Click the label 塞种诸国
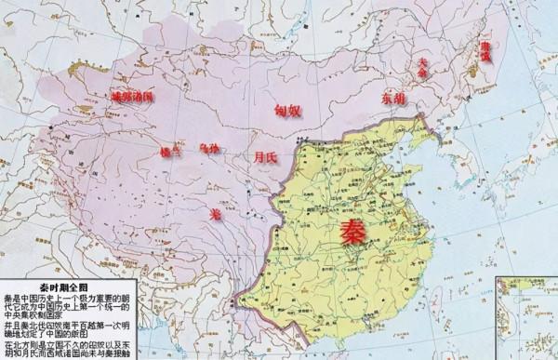[132, 96]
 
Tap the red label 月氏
[265, 158]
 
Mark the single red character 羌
[216, 213]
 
